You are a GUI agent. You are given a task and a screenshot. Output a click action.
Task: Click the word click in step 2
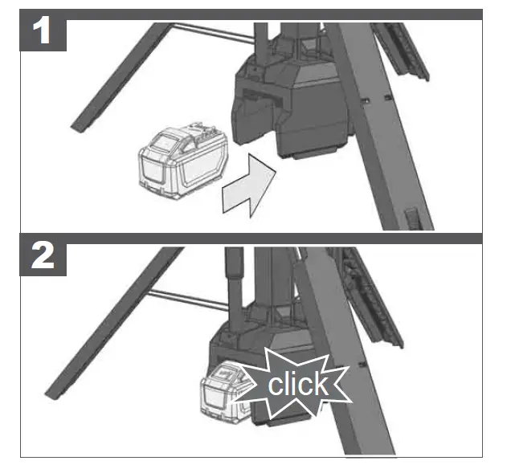(x=298, y=384)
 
